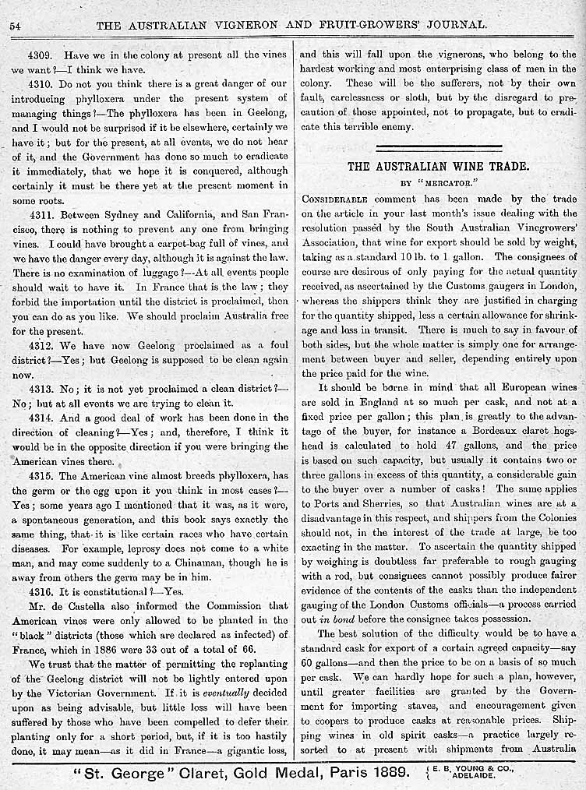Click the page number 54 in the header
15,25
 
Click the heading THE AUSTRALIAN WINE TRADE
438,166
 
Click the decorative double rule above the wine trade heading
438,146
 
